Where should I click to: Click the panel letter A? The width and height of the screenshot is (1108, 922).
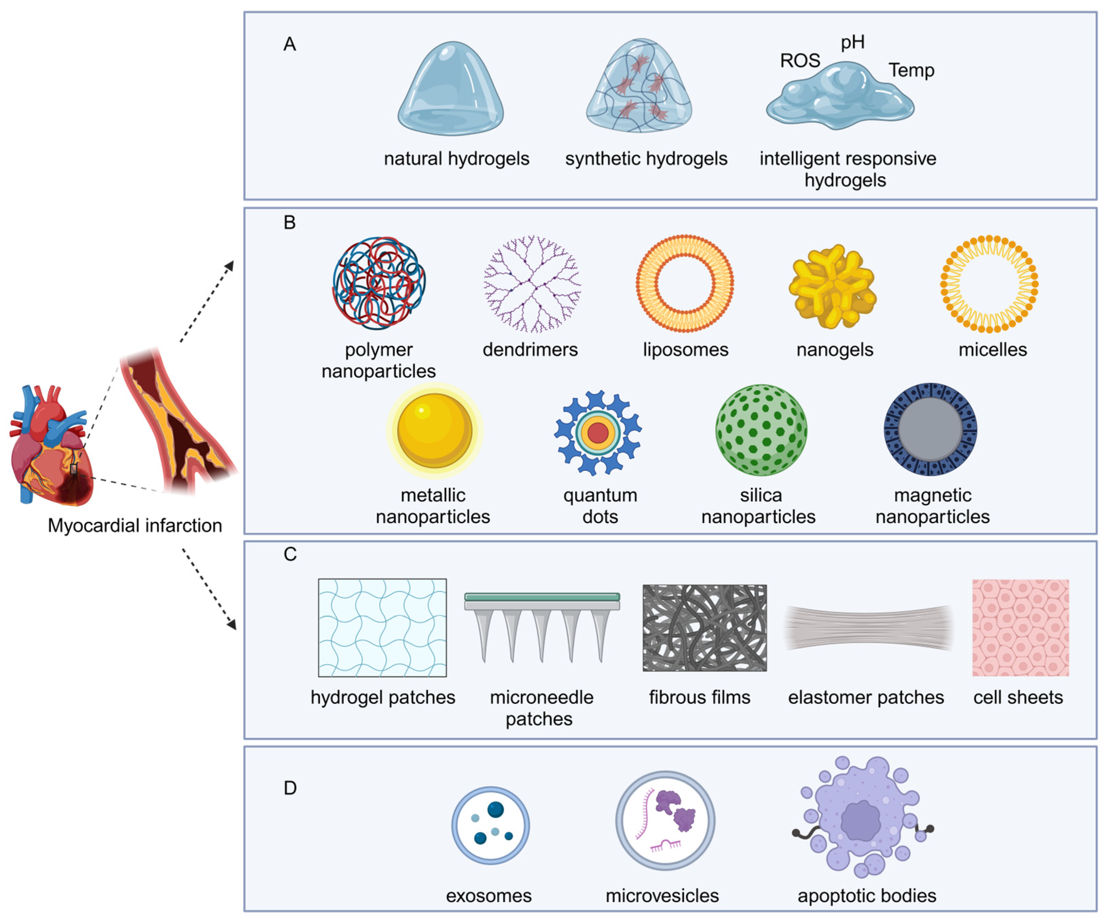(x=290, y=44)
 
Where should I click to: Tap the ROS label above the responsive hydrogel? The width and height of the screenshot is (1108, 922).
(x=800, y=61)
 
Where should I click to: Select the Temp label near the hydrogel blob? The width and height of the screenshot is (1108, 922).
(x=911, y=70)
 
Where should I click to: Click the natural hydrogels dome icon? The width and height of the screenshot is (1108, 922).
(x=451, y=90)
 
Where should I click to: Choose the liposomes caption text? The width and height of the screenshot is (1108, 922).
(x=685, y=349)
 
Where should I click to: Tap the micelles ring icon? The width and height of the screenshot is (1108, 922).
(x=989, y=284)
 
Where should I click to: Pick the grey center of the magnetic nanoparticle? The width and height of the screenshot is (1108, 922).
(x=930, y=429)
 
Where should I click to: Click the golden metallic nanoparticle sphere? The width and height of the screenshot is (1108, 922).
(x=434, y=430)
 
